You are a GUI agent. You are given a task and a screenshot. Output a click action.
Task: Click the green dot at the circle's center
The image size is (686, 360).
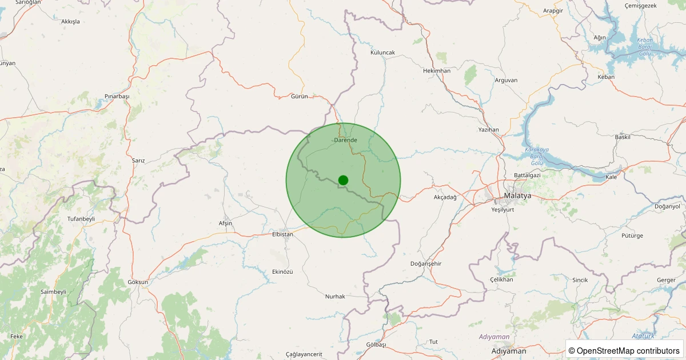343,180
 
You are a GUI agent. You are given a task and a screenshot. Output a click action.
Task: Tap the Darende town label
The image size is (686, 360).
345,140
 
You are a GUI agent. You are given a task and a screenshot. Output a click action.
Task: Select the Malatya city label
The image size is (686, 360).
517,195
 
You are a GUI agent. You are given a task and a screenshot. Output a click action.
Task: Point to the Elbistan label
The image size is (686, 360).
282,234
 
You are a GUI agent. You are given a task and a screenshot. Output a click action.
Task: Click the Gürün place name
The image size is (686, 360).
299,96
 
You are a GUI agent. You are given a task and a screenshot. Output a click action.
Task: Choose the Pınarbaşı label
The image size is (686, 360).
117,96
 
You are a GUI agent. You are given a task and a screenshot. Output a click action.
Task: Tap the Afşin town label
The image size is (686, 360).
225,223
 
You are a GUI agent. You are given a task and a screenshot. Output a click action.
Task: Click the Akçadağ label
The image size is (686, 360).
445,197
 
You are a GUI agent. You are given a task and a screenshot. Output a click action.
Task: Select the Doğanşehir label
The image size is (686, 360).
426,263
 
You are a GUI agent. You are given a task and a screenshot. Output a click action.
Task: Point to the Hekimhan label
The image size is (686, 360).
437,71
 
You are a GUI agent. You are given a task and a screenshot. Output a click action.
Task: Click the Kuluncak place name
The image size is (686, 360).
382,53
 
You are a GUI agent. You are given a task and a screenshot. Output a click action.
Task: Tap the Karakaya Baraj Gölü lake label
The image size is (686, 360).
536,157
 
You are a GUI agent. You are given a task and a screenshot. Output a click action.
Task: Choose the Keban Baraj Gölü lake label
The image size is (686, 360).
645,47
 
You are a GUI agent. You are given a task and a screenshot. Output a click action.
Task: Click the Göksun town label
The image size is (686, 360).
138,282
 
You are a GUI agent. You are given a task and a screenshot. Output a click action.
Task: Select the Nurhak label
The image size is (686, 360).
334,296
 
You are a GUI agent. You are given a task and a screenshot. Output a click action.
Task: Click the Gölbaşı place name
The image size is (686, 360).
376,345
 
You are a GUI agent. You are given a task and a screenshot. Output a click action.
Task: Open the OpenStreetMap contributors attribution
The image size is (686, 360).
624,350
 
